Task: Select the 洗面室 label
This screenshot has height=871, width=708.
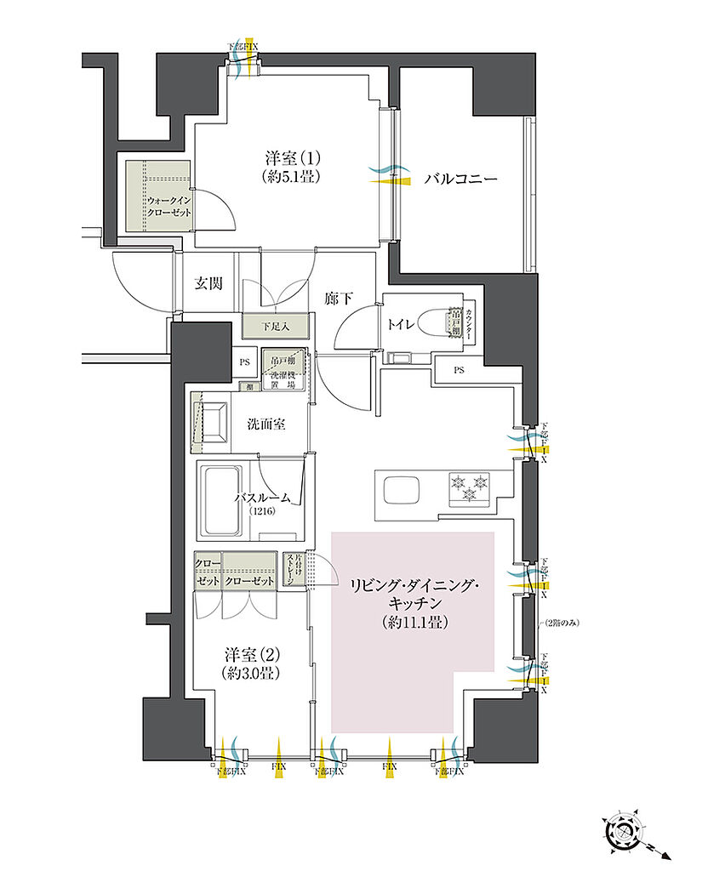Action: (265, 423)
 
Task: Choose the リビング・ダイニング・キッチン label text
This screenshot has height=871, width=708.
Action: (415, 594)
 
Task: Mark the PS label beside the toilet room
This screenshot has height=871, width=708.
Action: (459, 370)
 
